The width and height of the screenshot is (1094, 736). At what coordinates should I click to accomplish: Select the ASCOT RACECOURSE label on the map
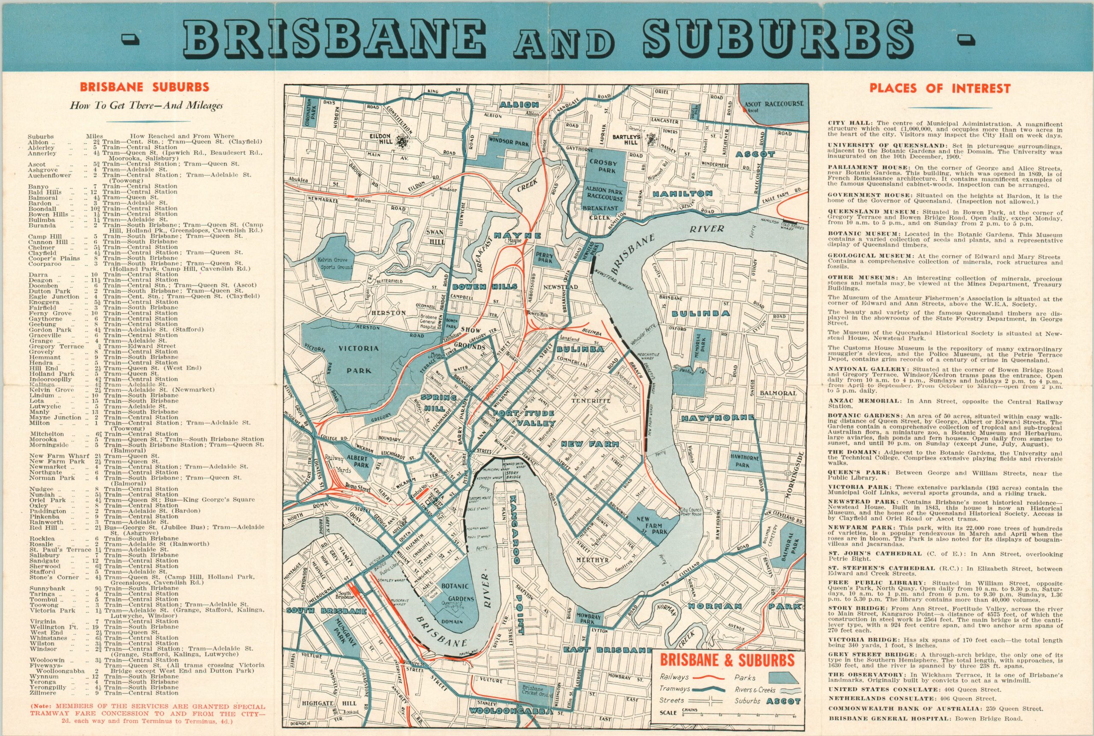773,103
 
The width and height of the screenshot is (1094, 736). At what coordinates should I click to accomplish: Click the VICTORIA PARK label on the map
360,359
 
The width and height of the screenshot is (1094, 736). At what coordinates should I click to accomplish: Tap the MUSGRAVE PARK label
342,631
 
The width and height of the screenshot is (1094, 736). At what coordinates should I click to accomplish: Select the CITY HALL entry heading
844,124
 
